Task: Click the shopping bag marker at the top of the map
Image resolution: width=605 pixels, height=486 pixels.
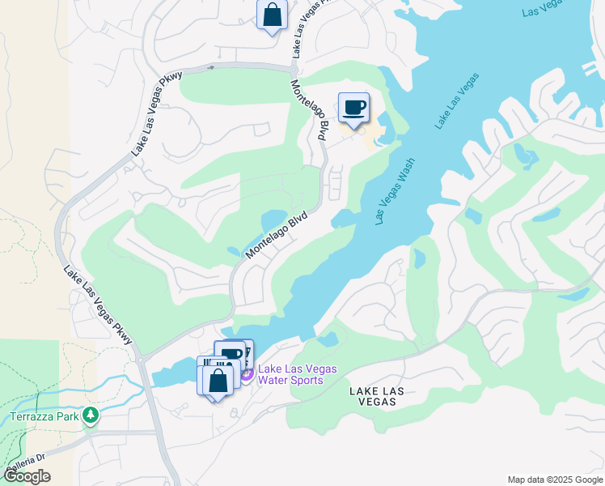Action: click(x=273, y=15)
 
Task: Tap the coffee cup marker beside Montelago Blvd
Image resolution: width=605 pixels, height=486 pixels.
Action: click(x=353, y=108)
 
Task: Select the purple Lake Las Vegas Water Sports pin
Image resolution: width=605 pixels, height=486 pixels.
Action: click(x=247, y=373)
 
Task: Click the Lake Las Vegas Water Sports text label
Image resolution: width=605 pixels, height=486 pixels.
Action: click(x=297, y=374)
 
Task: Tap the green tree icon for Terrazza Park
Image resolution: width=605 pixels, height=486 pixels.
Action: click(x=91, y=416)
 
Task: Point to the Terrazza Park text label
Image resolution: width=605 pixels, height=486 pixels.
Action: click(x=44, y=417)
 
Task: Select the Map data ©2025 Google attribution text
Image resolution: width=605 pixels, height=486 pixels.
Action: click(x=555, y=480)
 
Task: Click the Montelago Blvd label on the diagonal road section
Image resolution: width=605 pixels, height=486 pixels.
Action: click(x=277, y=236)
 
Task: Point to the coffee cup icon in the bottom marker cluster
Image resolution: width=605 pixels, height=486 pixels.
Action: click(x=232, y=354)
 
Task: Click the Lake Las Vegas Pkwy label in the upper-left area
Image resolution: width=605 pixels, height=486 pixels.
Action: click(x=157, y=113)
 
